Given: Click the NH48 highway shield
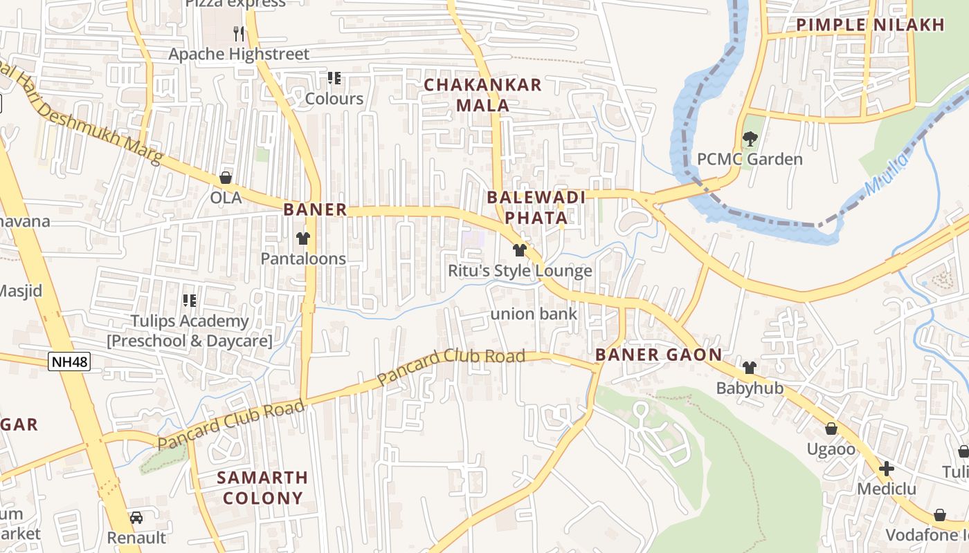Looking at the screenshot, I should (x=69, y=361).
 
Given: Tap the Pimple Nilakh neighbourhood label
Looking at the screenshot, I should (x=870, y=25).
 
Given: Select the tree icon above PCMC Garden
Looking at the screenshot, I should (x=750, y=138).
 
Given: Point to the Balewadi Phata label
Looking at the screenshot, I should (x=536, y=207).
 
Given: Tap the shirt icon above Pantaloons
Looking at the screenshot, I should (x=302, y=238).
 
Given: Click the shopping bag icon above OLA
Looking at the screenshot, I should (x=226, y=178).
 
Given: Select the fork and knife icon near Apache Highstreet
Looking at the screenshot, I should (x=239, y=33).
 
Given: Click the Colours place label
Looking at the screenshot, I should (x=334, y=99).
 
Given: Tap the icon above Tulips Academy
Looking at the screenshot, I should (x=189, y=300).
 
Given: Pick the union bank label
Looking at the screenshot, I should (x=534, y=315).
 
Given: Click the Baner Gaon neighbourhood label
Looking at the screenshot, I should (x=658, y=355).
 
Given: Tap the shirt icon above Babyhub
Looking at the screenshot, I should (x=750, y=367).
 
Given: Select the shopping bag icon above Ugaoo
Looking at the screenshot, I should (x=831, y=429).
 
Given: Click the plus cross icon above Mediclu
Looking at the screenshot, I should (x=886, y=469).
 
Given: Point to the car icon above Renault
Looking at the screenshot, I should (x=136, y=517).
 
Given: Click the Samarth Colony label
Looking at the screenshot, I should (x=262, y=487).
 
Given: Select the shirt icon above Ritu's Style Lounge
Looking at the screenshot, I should (x=520, y=250).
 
